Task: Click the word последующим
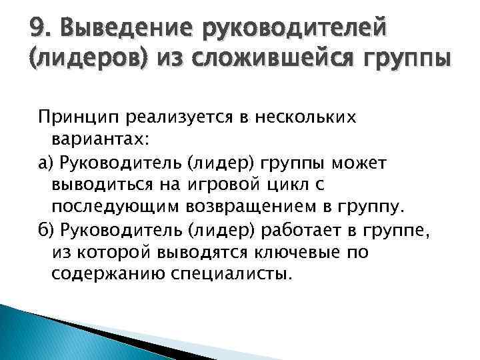coord(110,207)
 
